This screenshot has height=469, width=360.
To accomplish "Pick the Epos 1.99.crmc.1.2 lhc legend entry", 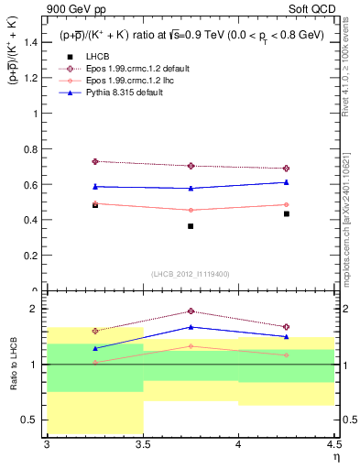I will point(128,81).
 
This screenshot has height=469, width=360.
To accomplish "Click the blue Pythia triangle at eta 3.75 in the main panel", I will point(191,188).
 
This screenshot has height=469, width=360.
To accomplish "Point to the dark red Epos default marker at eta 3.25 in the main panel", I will point(94,161).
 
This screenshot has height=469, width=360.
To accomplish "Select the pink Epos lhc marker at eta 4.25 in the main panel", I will point(286,204).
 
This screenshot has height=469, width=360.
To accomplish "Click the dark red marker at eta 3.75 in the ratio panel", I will point(191,311).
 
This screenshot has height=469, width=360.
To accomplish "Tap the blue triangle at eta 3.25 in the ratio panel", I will point(94,348).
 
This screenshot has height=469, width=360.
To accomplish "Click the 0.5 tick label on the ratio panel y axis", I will point(29,420).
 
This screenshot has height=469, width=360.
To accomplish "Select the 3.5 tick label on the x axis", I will point(142,445).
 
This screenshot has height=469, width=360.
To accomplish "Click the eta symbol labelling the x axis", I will point(335,455).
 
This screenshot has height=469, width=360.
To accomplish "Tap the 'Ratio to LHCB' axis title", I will point(14,365).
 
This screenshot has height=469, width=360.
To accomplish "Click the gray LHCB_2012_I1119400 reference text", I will point(191,273).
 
